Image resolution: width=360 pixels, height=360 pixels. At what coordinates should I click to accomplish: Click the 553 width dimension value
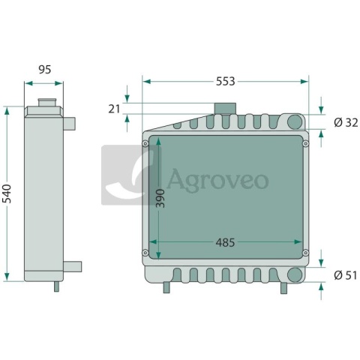point(226,82)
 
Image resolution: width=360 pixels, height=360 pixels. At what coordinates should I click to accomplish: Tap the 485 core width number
point(225,242)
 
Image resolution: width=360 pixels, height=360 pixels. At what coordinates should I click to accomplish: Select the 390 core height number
point(160,199)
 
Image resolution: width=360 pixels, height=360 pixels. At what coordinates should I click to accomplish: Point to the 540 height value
point(7,193)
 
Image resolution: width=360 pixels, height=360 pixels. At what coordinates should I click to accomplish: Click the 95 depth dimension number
point(45,70)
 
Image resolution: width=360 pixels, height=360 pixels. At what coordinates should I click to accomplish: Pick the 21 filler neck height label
point(114,109)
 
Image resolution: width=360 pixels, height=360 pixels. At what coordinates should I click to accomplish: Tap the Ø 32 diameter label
point(346,123)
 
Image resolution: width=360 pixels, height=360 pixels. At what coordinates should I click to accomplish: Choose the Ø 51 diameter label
point(346,275)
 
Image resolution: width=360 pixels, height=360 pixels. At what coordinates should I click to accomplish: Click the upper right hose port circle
point(295,121)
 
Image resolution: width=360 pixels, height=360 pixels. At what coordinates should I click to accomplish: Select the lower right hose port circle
point(295,274)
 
